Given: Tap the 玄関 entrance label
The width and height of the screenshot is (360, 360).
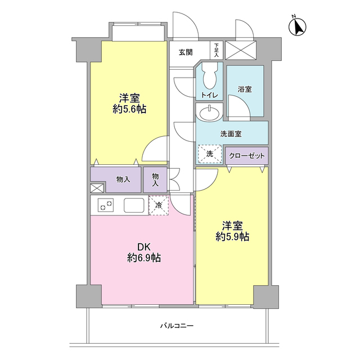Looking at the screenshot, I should pyautogui.click(x=186, y=52).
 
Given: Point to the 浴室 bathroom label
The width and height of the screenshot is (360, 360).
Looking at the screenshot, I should pyautogui.click(x=245, y=89).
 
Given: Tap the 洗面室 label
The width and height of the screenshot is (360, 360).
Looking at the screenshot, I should pyautogui.click(x=231, y=134).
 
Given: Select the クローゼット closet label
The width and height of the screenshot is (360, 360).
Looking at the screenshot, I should pyautogui.click(x=247, y=155).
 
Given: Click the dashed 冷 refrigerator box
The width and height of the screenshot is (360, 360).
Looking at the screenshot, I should pyautogui.click(x=159, y=205).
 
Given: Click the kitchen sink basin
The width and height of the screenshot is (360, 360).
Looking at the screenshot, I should pyautogui.click(x=134, y=205).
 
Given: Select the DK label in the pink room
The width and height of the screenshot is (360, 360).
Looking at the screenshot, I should pyautogui.click(x=144, y=246).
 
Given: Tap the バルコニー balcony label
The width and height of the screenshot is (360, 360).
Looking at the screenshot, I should pyautogui.click(x=177, y=326).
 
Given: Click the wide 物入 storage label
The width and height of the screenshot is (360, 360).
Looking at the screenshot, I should pyautogui.click(x=123, y=179).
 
